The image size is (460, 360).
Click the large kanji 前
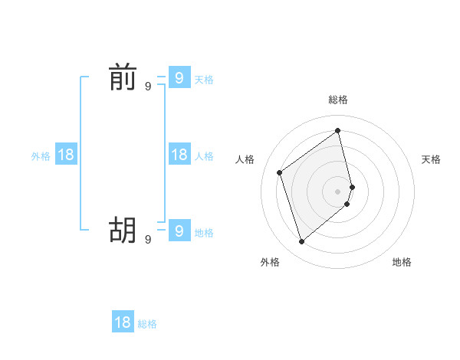(x=122, y=78)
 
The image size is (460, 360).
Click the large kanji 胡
(x=122, y=230)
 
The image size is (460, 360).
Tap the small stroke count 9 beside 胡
(x=148, y=240)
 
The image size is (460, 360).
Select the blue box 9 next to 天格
(x=179, y=77)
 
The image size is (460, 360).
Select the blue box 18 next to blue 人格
(x=179, y=155)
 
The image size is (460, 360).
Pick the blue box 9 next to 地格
(x=179, y=230)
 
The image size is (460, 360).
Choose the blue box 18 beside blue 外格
(x=66, y=155)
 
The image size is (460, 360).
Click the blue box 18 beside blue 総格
(x=123, y=322)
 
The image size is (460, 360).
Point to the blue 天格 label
(x=204, y=80)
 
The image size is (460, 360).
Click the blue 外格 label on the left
(x=41, y=156)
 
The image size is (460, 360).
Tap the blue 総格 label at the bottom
(x=147, y=324)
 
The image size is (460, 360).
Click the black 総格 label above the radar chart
(x=338, y=100)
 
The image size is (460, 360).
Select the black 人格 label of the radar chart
(x=245, y=159)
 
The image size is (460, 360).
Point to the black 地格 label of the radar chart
(x=402, y=262)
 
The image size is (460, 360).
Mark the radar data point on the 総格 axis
(x=338, y=131)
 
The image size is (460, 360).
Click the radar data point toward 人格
(x=280, y=172)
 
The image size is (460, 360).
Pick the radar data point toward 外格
(x=301, y=242)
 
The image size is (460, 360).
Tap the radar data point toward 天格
(x=352, y=186)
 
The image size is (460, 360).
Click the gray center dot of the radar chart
(x=338, y=191)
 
